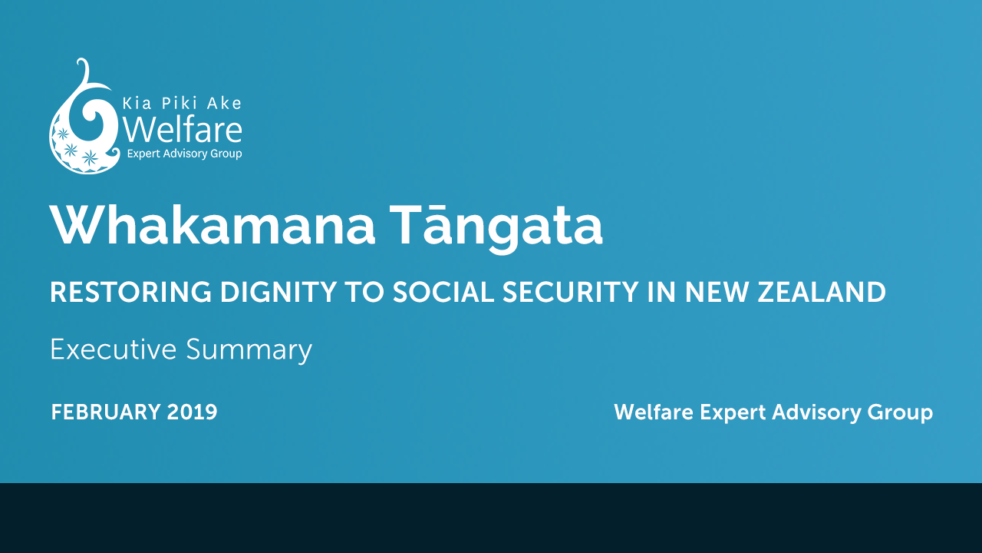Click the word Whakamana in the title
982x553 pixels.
click(213, 225)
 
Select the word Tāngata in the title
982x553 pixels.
click(496, 227)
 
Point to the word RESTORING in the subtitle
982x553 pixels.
click(130, 292)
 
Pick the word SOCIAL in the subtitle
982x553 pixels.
click(443, 292)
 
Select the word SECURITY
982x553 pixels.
click(570, 292)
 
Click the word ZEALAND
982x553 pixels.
click(822, 292)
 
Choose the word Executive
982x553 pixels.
click(114, 349)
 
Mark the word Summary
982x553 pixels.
click(249, 351)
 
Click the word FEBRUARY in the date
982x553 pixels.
click(106, 412)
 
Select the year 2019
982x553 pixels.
click(192, 412)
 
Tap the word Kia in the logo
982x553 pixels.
click(137, 104)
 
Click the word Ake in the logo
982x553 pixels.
click(224, 104)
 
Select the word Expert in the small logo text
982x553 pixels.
click(143, 154)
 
